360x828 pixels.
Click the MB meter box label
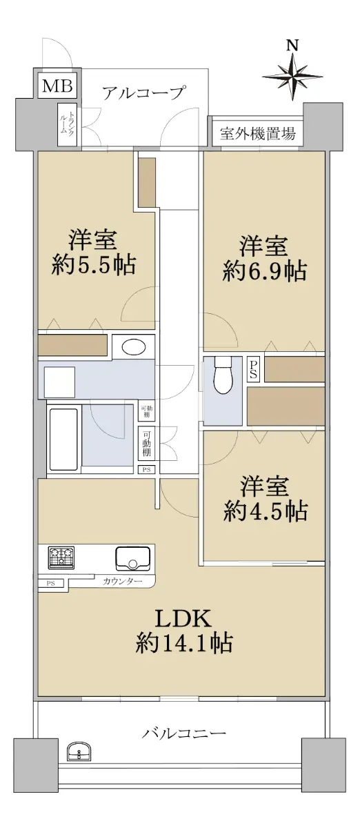[57, 86]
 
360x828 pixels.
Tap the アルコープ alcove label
[143, 92]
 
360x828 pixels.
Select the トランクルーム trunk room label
[66, 124]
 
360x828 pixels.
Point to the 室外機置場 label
[258, 133]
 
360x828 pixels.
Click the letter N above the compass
[292, 46]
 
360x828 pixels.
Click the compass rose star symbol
[292, 76]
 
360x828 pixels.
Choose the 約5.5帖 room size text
[94, 264]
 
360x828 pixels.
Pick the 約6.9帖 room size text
[264, 272]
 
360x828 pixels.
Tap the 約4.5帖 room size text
[265, 511]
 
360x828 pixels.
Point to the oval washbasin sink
[133, 347]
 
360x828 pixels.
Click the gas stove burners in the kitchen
[61, 558]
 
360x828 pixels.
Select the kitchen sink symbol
[133, 558]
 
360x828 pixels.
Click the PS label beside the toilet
[254, 370]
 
